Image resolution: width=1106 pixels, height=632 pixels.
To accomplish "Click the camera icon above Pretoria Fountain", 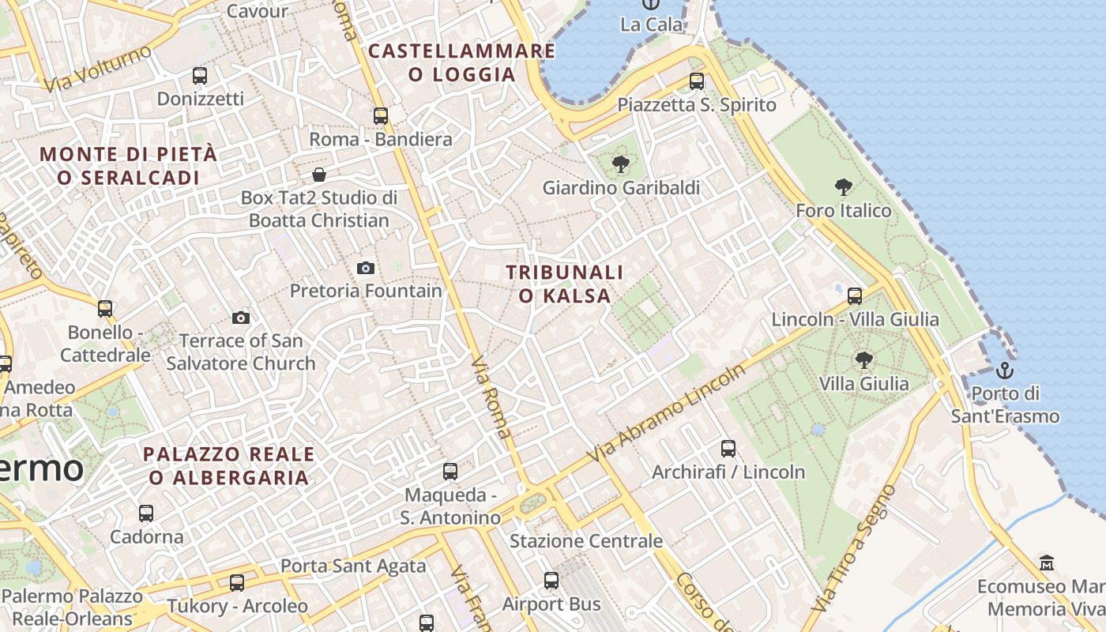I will (365, 268).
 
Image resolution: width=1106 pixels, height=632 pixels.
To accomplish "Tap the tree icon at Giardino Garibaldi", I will (621, 164).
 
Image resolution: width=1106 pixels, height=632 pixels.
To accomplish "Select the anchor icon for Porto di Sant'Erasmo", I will (1004, 370).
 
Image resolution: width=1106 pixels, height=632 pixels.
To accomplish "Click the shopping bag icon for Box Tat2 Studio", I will (319, 174).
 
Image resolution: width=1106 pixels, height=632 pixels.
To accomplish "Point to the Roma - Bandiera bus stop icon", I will (381, 115).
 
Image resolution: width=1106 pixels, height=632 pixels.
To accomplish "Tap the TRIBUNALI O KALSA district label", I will (564, 284).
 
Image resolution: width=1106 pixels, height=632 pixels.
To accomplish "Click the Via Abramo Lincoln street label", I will (666, 414).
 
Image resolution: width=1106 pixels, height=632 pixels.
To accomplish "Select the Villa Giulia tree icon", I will (863, 360).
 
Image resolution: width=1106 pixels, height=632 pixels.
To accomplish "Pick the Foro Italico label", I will (843, 211).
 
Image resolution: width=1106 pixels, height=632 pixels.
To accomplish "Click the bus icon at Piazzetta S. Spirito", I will (696, 81).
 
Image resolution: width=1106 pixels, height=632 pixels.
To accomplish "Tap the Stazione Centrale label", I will (585, 541).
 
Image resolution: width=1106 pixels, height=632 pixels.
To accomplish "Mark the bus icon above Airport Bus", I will (551, 581).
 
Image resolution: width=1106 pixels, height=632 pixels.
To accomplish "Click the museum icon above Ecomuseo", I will (1047, 563).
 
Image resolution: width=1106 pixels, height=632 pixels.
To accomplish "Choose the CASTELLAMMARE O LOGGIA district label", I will (461, 63).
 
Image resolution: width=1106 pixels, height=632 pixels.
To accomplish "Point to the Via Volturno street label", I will (98, 68).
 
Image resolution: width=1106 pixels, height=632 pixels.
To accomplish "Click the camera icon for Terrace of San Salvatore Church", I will (241, 318).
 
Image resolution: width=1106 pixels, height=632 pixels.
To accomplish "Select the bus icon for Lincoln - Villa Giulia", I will (855, 295).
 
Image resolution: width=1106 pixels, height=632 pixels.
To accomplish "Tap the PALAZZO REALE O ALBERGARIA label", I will (228, 466).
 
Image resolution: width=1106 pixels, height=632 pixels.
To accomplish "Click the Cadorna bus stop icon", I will (146, 513).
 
